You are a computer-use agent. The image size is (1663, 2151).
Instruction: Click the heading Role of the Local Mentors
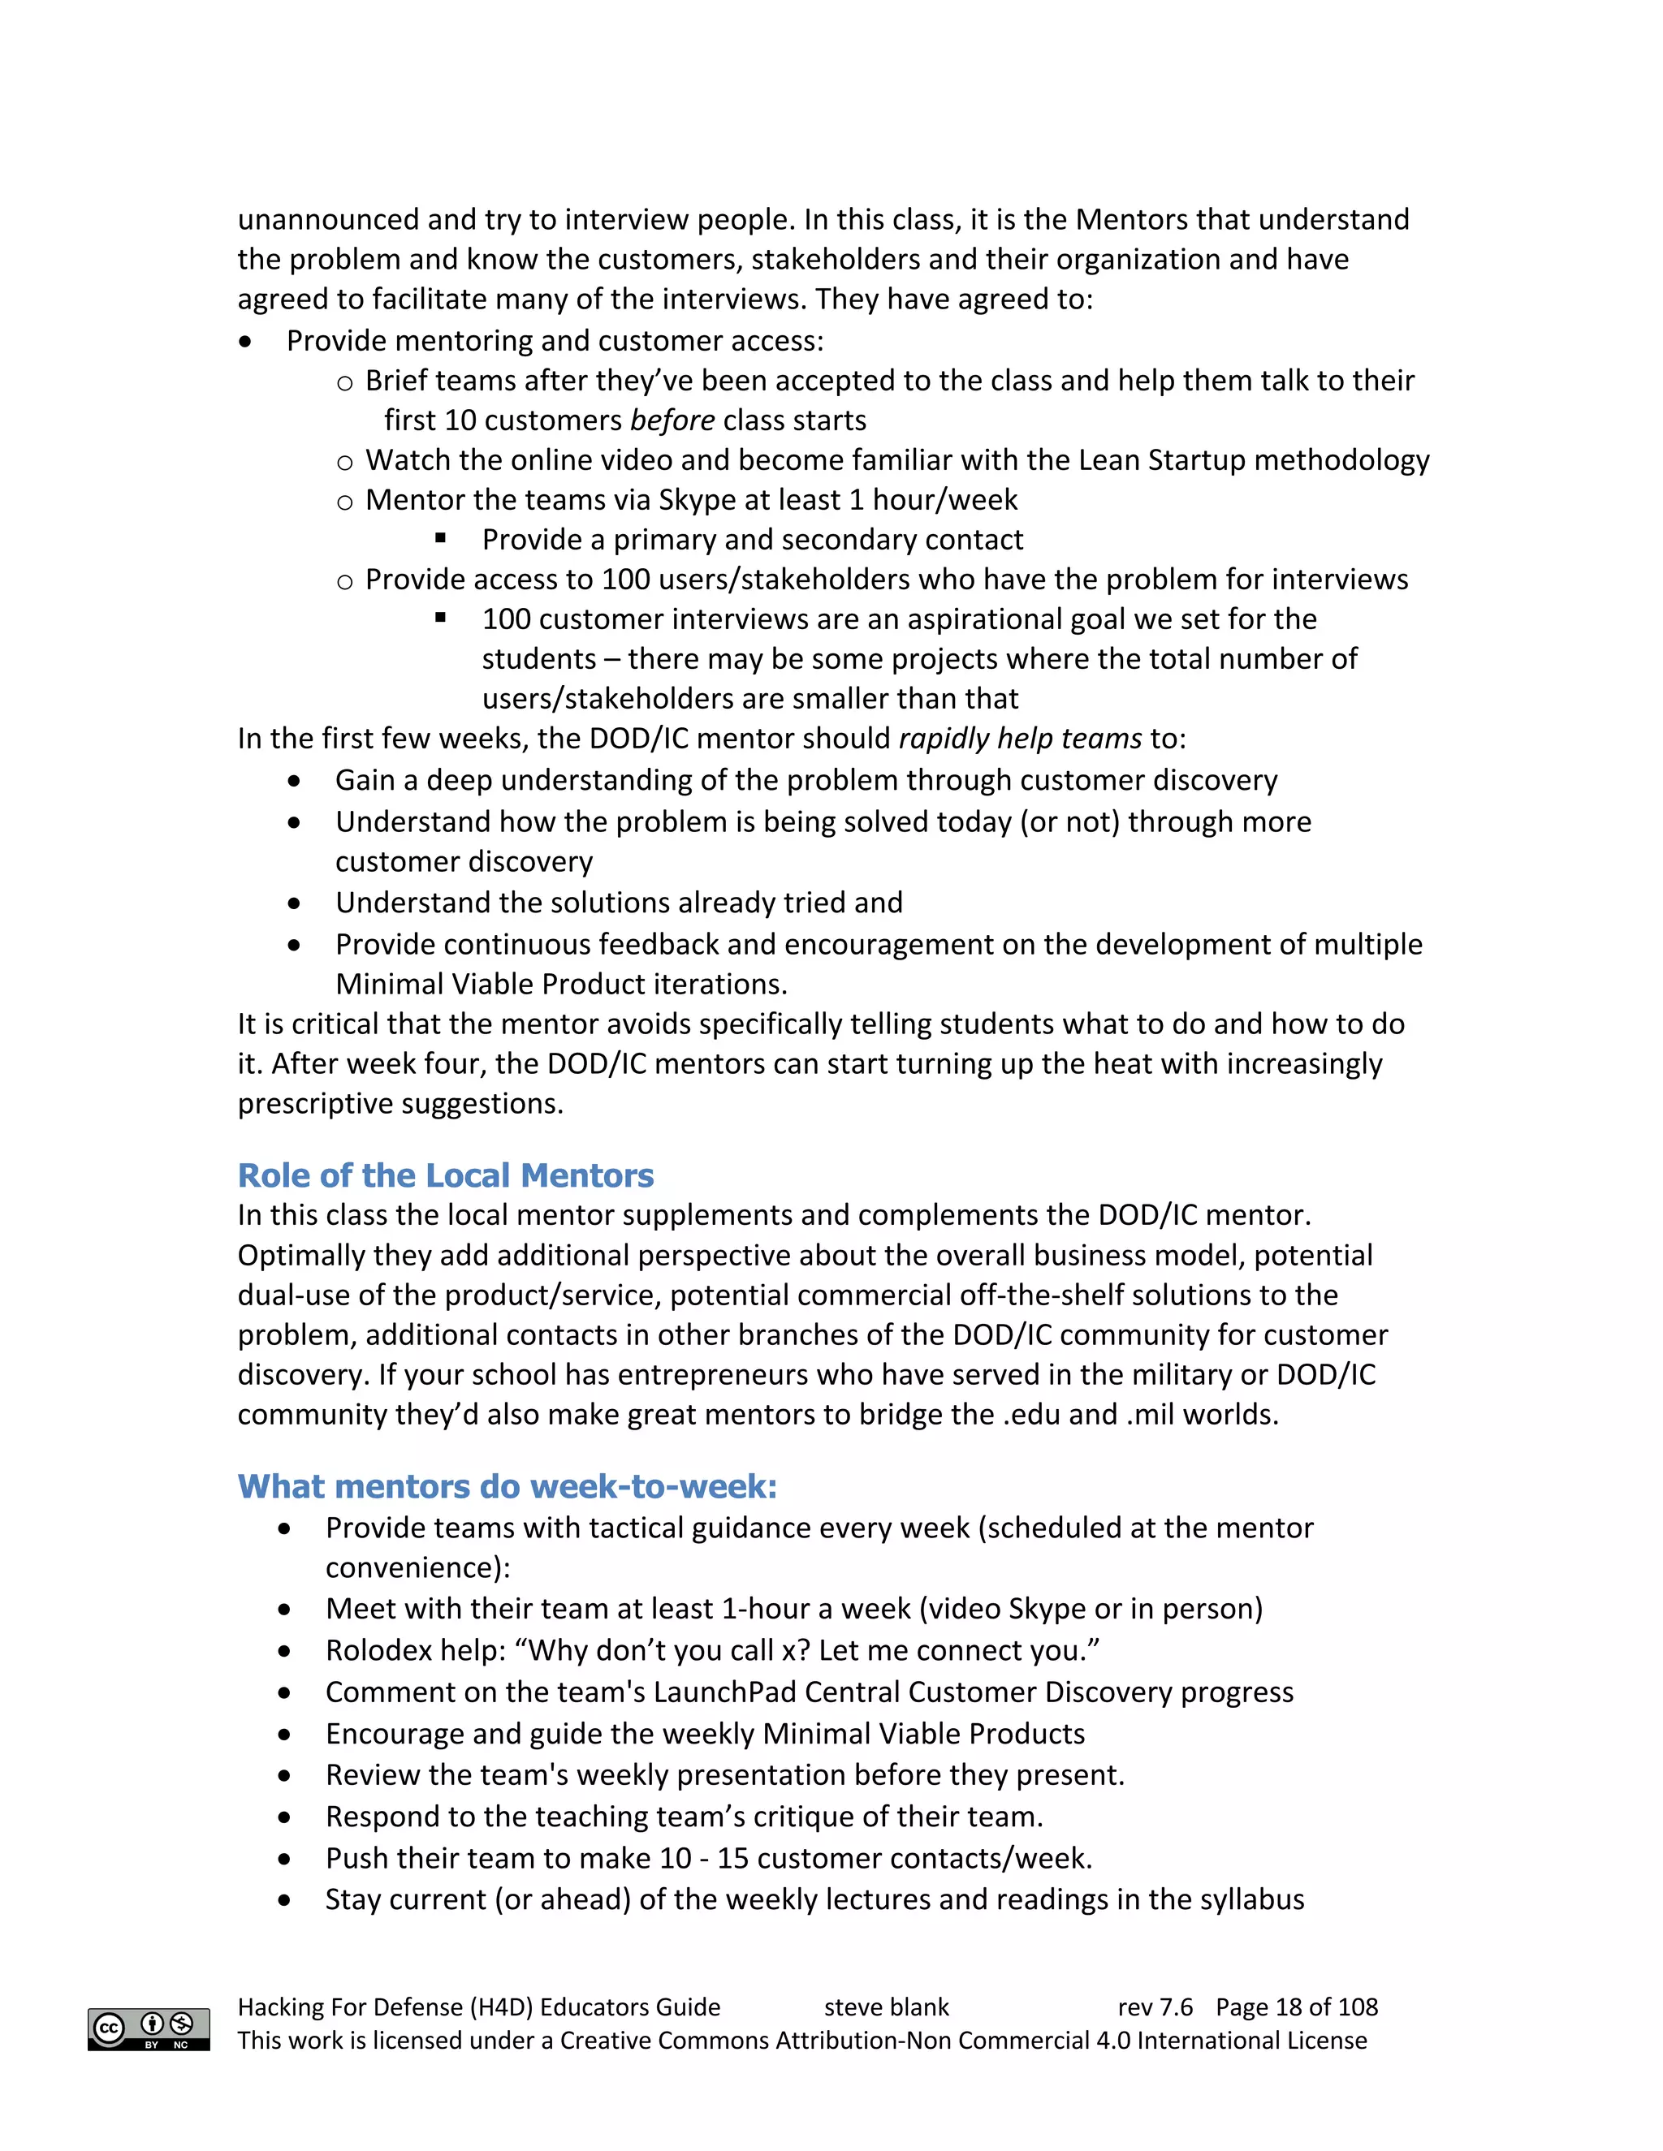click(x=445, y=1175)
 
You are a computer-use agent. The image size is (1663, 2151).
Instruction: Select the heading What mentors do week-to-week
click(x=507, y=1486)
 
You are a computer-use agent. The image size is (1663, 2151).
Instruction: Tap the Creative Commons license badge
click(x=149, y=2029)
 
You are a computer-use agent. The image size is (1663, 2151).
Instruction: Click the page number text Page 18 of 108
click(x=1297, y=2007)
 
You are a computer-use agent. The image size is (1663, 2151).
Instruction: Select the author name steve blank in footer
click(x=886, y=2007)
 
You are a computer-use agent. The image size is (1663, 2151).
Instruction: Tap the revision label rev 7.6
click(x=1155, y=2007)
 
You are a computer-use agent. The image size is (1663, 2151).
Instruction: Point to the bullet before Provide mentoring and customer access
click(x=245, y=342)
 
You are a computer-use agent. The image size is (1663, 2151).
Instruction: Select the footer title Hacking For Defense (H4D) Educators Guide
click(x=479, y=2007)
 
